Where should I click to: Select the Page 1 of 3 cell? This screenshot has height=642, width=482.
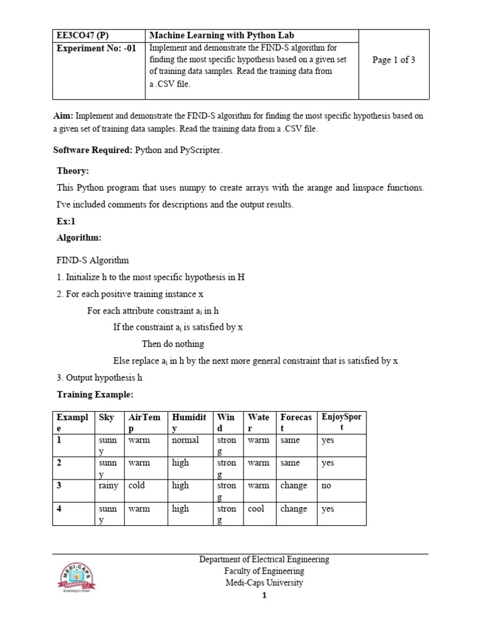[x=394, y=60]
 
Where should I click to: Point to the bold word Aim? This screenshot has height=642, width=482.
[x=63, y=116]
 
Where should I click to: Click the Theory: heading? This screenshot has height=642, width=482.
[x=73, y=171]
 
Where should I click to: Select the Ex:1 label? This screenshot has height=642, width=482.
[x=67, y=221]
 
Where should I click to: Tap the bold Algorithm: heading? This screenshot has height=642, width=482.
[x=79, y=238]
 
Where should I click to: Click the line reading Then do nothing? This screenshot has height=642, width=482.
[x=173, y=344]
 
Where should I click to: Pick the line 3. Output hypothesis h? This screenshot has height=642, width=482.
[x=100, y=377]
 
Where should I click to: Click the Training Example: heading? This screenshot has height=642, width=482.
[x=95, y=394]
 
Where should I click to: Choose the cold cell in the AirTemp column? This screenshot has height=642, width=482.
[x=136, y=485]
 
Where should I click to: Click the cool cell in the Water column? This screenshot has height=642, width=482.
[x=256, y=508]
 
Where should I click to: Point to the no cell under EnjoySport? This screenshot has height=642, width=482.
[x=327, y=485]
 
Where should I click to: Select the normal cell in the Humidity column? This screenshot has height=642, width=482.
[x=185, y=439]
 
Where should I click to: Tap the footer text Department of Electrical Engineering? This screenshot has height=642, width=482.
[x=264, y=559]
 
